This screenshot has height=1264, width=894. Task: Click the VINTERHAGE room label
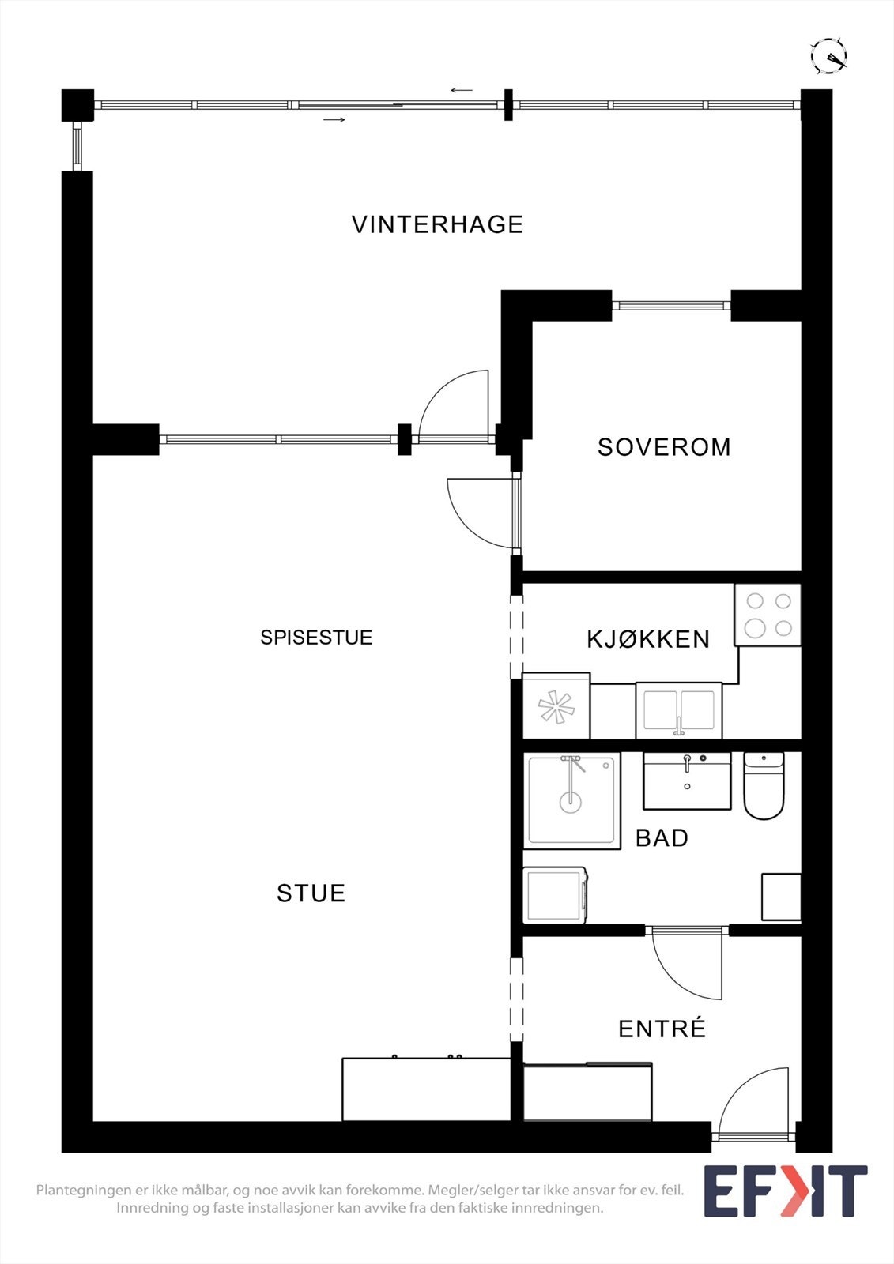coord(437,224)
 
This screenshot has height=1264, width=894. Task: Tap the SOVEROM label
coord(664,447)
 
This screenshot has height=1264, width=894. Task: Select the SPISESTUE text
coord(316,638)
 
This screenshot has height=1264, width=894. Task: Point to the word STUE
coord(311,893)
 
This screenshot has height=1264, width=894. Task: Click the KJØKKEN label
coord(648,639)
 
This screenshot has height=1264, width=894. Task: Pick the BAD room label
coord(662,838)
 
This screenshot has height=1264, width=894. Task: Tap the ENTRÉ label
coord(662,1029)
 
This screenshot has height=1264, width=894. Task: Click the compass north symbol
coord(828,56)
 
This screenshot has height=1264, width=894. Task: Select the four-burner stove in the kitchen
coord(768,615)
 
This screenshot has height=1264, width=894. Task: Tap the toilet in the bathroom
coord(764,786)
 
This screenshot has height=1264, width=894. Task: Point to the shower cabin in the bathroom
coord(571,800)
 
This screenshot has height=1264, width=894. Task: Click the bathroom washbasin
coord(687,781)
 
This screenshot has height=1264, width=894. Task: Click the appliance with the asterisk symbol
coord(556,706)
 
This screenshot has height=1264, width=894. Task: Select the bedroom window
coord(671,306)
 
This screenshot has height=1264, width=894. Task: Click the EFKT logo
coord(785,1191)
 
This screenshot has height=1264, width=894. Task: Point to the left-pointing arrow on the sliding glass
coord(462,90)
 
